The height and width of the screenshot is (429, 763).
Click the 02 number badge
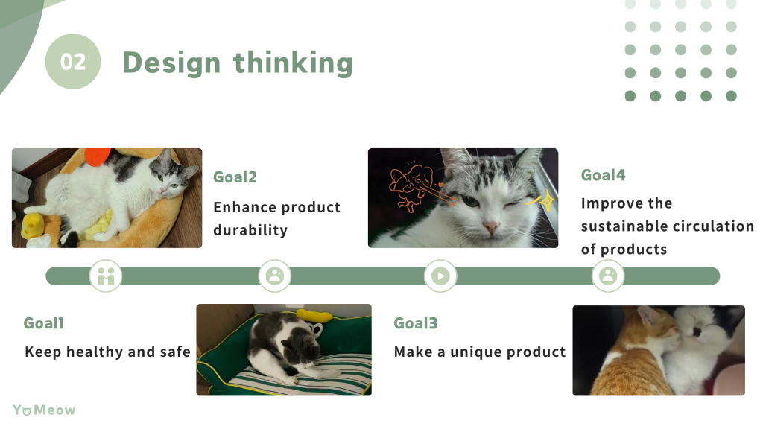tap(73, 61)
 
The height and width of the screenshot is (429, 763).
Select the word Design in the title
tap(171, 63)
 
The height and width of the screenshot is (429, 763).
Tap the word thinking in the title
tap(293, 63)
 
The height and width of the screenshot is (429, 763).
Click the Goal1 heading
tap(44, 323)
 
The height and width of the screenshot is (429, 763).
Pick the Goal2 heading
tap(235, 177)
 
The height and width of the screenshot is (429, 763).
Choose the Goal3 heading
tap(416, 323)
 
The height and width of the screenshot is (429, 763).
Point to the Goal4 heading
tap(603, 174)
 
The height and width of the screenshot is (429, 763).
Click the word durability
tap(250, 230)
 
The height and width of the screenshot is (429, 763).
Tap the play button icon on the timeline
tap(440, 276)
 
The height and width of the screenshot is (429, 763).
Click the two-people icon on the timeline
tap(106, 276)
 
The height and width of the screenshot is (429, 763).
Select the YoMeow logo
tap(44, 410)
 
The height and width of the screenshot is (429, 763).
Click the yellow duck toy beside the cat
tap(33, 226)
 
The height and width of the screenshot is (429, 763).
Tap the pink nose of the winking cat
tap(490, 226)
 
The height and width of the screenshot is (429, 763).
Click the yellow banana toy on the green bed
tap(314, 315)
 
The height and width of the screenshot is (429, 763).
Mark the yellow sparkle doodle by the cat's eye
tap(541, 200)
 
